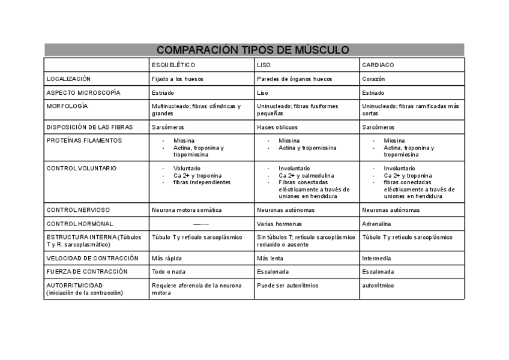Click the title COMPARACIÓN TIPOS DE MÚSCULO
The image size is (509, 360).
pyautogui.click(x=253, y=50)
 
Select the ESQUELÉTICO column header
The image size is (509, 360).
pyautogui.click(x=173, y=65)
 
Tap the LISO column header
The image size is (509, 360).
pyautogui.click(x=264, y=65)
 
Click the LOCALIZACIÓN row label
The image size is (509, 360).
pyautogui.click(x=68, y=79)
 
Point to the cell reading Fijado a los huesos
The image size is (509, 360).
pyautogui.click(x=178, y=79)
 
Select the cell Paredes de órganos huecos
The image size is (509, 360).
pyautogui.click(x=294, y=79)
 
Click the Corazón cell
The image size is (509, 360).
pyautogui.click(x=373, y=79)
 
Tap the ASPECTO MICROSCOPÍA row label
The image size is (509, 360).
pyautogui.click(x=83, y=92)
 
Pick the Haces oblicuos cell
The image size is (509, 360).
pyautogui.click(x=277, y=127)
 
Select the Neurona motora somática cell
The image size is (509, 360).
pyautogui.click(x=187, y=210)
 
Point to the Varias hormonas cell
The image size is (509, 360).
pyautogui.click(x=280, y=224)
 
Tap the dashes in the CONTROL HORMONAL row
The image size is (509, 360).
pyautogui.click(x=201, y=224)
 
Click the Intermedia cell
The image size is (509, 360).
pyautogui.click(x=376, y=258)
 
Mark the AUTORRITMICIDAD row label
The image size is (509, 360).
pyautogui.click(x=74, y=285)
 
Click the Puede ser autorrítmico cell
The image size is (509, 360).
pyautogui.click(x=288, y=285)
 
